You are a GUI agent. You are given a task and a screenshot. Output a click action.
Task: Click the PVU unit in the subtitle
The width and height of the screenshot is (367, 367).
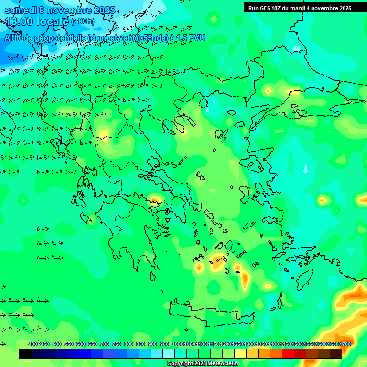(195, 37)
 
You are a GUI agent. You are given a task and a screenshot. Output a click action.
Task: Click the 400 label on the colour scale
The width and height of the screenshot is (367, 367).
(33, 344)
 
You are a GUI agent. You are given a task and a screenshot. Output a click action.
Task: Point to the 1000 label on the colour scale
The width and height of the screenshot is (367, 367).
(178, 344)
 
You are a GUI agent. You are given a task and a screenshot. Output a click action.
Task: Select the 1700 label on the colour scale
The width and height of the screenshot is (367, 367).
(345, 344)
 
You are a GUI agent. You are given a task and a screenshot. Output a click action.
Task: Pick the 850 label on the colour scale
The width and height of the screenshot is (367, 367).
(140, 344)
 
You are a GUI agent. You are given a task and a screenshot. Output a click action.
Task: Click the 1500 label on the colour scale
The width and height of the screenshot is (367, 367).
(297, 344)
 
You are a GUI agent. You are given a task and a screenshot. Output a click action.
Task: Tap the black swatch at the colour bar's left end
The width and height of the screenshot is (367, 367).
(25, 354)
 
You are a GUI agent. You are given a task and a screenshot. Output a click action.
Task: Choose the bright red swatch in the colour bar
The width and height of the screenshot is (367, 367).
(288, 354)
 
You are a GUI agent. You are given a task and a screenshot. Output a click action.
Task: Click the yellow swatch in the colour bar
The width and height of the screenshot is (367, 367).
(240, 354)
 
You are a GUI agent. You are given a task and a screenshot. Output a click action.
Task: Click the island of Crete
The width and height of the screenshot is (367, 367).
(210, 313)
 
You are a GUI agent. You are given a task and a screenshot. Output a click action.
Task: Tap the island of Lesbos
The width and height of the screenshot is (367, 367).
(256, 162)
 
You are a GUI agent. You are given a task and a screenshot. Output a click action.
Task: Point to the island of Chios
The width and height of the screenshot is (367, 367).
(244, 194)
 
